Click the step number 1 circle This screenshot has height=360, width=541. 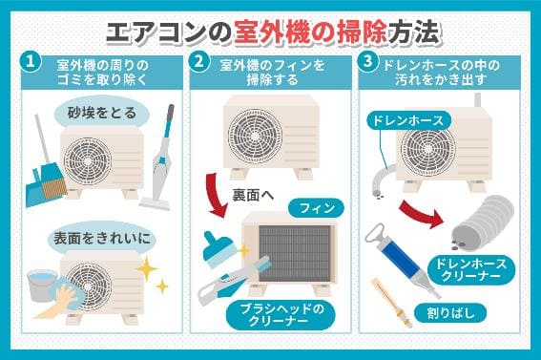point(32,62)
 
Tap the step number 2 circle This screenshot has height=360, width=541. point(200,62)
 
